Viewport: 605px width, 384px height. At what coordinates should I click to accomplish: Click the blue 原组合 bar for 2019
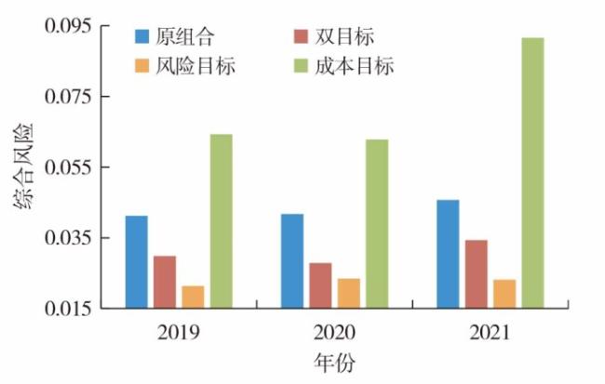click(137, 261)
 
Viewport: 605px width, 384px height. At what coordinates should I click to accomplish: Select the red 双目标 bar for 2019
click(165, 282)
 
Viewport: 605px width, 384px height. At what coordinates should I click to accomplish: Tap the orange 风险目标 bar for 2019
click(193, 297)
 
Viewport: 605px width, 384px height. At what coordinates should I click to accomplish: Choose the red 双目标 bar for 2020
click(320, 285)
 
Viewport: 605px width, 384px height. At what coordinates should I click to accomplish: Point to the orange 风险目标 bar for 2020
click(348, 293)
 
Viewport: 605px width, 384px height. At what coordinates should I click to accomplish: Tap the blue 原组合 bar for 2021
click(448, 254)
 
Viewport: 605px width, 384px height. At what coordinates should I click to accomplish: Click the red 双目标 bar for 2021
click(476, 273)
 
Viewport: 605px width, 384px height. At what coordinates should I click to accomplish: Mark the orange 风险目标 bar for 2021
click(504, 293)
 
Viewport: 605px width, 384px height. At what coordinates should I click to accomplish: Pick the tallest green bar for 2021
click(531, 173)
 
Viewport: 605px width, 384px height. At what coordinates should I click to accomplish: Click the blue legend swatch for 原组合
click(142, 36)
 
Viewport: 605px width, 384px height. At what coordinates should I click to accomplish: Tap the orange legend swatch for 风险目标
click(142, 66)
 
